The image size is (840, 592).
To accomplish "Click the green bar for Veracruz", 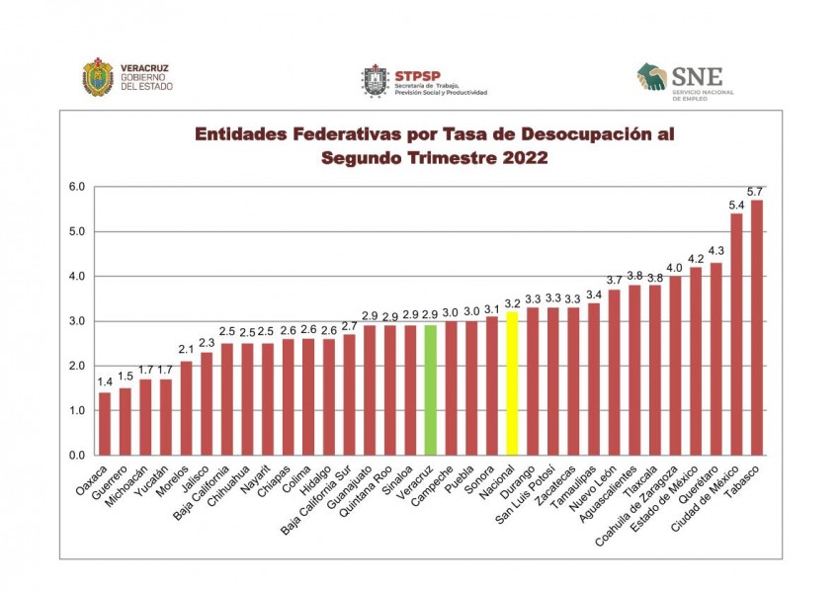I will pos(431,389).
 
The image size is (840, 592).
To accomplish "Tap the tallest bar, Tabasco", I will pos(757,327).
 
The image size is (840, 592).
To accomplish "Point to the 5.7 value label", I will pos(757,191).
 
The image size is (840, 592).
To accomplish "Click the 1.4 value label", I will pos(105,382).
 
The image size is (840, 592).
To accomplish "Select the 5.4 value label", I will pos(736,205).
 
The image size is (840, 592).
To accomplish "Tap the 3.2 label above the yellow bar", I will pos(512,302).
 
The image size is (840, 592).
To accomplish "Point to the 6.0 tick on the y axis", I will pos(76,187).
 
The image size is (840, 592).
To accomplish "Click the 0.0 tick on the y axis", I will pos(76,456).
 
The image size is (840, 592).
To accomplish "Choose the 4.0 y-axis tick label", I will pos(76,277).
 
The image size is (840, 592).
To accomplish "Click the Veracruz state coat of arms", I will pos(98,78).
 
